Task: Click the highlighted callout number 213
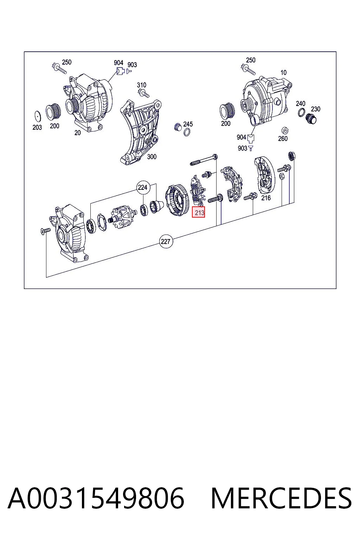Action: click(x=198, y=212)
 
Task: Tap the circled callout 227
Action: click(x=166, y=241)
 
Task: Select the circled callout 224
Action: click(x=143, y=187)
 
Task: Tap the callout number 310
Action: click(x=142, y=85)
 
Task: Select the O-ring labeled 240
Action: click(x=301, y=112)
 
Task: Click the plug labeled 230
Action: click(x=311, y=118)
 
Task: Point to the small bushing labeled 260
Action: click(x=285, y=131)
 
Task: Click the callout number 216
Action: click(x=266, y=198)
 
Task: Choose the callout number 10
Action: click(x=284, y=72)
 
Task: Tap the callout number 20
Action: click(x=77, y=133)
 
